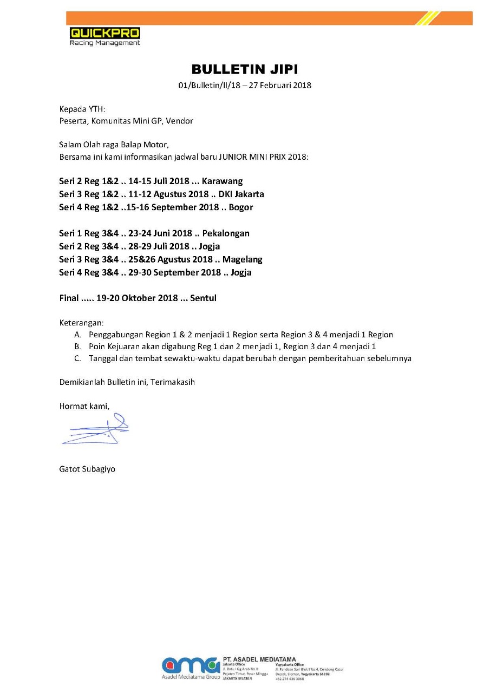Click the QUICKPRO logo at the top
pyautogui.click(x=104, y=36)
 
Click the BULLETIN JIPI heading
pyautogui.click(x=245, y=69)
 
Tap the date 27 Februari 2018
pyautogui.click(x=280, y=85)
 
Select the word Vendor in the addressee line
pyautogui.click(x=180, y=121)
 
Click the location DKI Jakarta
pyautogui.click(x=241, y=194)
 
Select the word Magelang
pyautogui.click(x=242, y=259)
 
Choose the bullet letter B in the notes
pyautogui.click(x=77, y=346)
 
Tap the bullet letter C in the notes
pyautogui.click(x=77, y=358)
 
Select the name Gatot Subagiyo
pyautogui.click(x=87, y=469)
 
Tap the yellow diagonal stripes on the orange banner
pyautogui.click(x=428, y=18)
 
